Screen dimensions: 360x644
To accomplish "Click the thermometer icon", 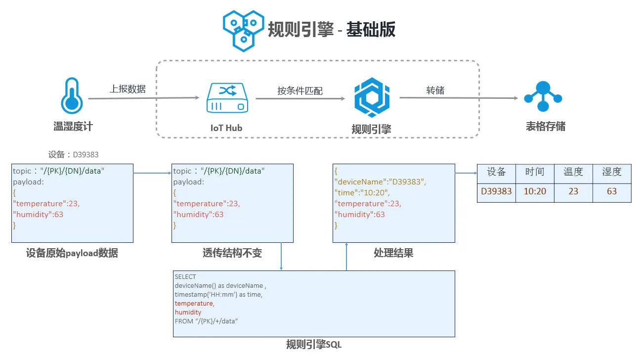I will click(x=71, y=95).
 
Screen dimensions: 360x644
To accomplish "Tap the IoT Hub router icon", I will click(x=227, y=99).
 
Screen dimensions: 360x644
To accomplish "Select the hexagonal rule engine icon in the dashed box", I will click(x=372, y=97).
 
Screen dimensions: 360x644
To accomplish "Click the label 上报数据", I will click(x=128, y=89).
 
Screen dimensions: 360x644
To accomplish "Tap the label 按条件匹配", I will click(x=300, y=90).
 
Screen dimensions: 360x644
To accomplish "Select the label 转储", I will click(x=435, y=90).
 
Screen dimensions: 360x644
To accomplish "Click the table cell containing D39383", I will click(x=496, y=191).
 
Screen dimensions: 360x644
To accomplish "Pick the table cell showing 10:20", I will click(x=535, y=191).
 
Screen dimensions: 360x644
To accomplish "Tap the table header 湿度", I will click(x=612, y=172).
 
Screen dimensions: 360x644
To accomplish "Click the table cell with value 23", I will click(x=573, y=191).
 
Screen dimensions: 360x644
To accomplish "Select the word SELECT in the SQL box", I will click(x=185, y=277).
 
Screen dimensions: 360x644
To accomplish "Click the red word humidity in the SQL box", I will click(x=188, y=313).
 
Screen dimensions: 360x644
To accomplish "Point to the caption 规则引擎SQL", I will click(x=313, y=345).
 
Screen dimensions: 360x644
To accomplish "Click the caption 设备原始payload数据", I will click(x=72, y=253).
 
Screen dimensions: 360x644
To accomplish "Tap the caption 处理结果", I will click(x=393, y=253).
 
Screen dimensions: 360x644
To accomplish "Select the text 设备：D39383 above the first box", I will click(x=73, y=154).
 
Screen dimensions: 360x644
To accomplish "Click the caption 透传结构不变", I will click(x=232, y=253).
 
